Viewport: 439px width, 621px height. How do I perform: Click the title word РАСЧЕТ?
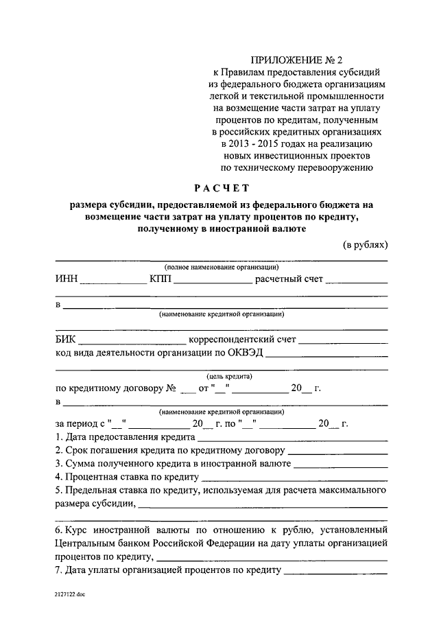[x=222, y=187]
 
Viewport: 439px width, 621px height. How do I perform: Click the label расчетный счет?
[x=289, y=279]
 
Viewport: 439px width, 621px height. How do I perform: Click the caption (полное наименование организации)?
[x=221, y=267]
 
